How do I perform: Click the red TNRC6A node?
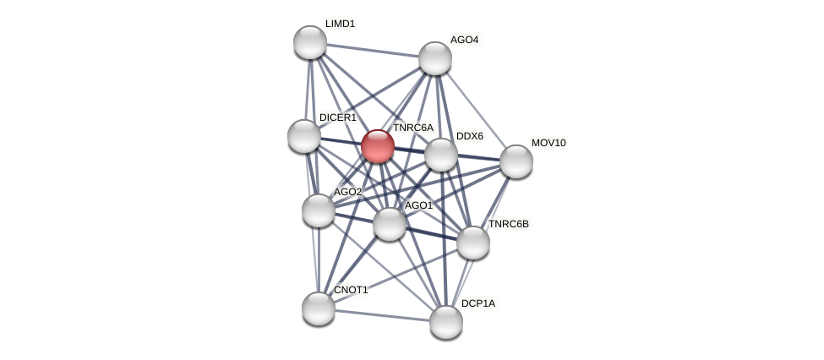pyautogui.click(x=377, y=146)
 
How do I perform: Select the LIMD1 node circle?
pyautogui.click(x=310, y=42)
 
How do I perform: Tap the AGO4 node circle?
pyautogui.click(x=435, y=58)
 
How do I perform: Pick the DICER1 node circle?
pyautogui.click(x=304, y=135)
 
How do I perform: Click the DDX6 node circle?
pyautogui.click(x=440, y=155)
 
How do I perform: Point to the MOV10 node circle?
pyautogui.click(x=516, y=161)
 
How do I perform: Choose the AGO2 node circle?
pyautogui.click(x=319, y=210)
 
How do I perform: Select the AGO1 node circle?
pyautogui.click(x=390, y=224)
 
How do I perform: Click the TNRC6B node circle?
pyautogui.click(x=472, y=243)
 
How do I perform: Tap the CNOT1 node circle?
pyautogui.click(x=319, y=308)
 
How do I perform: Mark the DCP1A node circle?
pyautogui.click(x=446, y=321)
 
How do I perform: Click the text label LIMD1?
pyautogui.click(x=340, y=24)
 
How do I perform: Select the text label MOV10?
pyautogui.click(x=548, y=143)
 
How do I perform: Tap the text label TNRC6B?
pyautogui.click(x=509, y=224)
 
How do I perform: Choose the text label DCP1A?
pyautogui.click(x=478, y=303)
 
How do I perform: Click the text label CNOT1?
pyautogui.click(x=351, y=290)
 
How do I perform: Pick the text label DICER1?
pyautogui.click(x=337, y=117)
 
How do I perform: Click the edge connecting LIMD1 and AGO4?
pyautogui.click(x=373, y=50)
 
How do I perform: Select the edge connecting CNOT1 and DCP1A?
pyautogui.click(x=382, y=314)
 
